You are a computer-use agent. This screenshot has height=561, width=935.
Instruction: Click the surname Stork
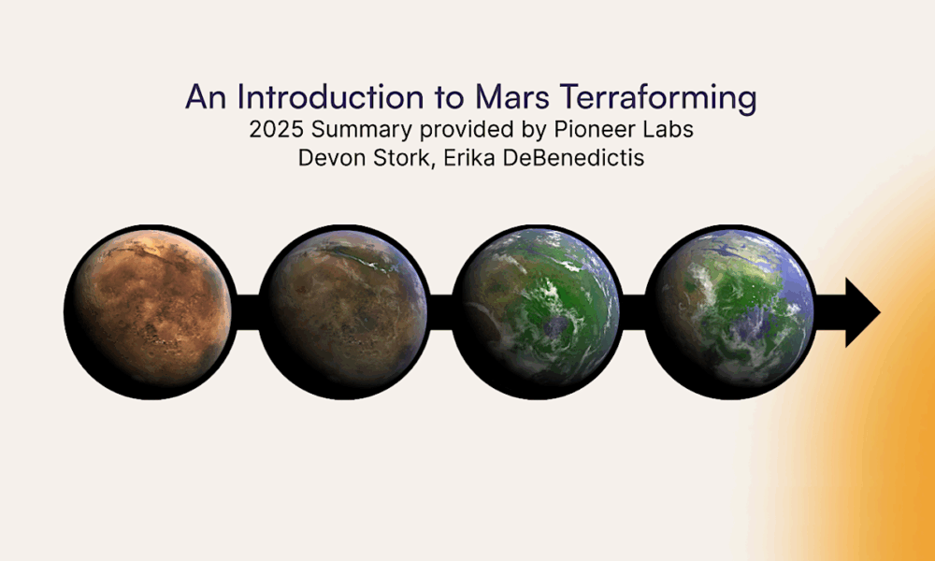point(392,159)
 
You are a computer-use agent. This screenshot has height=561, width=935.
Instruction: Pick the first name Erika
point(455,158)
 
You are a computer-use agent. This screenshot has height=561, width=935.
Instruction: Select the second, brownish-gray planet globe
point(345,311)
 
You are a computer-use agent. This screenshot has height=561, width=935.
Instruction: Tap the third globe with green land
point(539,311)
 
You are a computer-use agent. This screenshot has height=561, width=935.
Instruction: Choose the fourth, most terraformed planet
point(732,311)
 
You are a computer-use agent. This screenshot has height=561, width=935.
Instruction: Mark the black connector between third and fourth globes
point(635,311)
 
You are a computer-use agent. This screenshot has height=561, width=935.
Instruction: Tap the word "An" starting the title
point(206,97)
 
